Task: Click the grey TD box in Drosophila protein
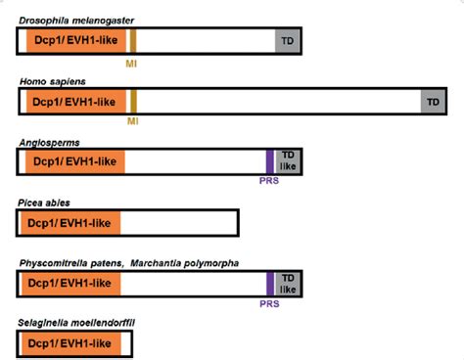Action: coord(288,40)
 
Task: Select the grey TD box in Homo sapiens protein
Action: coord(431,101)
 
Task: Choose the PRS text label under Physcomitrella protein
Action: coord(270,303)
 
